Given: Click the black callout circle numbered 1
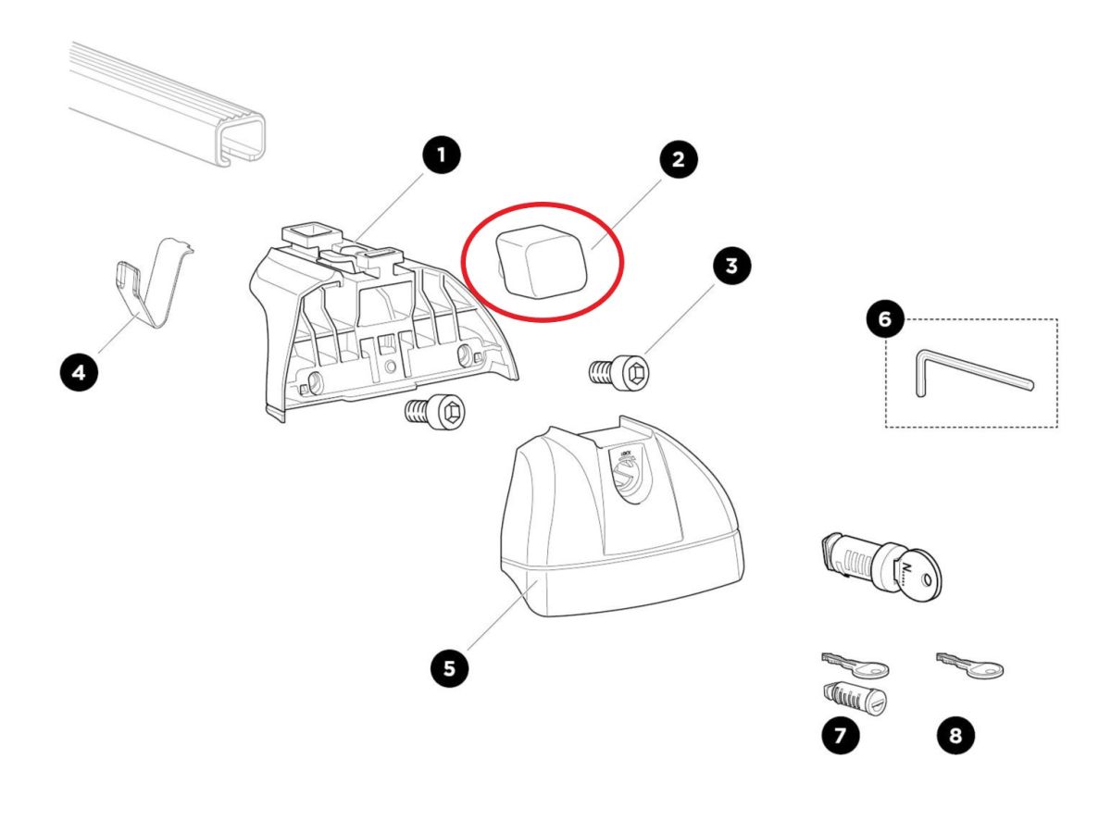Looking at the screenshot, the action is pos(442,155).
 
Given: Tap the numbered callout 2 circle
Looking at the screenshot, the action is pos(678,159).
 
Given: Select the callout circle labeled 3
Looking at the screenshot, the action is pos(731,266).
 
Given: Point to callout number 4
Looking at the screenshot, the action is pos(79,373).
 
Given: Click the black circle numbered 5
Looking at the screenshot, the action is pos(449,668).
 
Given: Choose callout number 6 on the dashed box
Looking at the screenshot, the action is pos(885,318).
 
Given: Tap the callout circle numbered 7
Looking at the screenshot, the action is pos(841,735).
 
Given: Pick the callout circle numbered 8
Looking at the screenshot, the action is pos(955,735).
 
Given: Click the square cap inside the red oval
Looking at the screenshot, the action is pos(541,262).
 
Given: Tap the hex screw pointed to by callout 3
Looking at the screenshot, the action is pos(620,374).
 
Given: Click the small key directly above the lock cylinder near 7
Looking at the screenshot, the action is pos(855,665).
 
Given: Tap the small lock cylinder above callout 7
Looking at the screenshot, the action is pos(855,699).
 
